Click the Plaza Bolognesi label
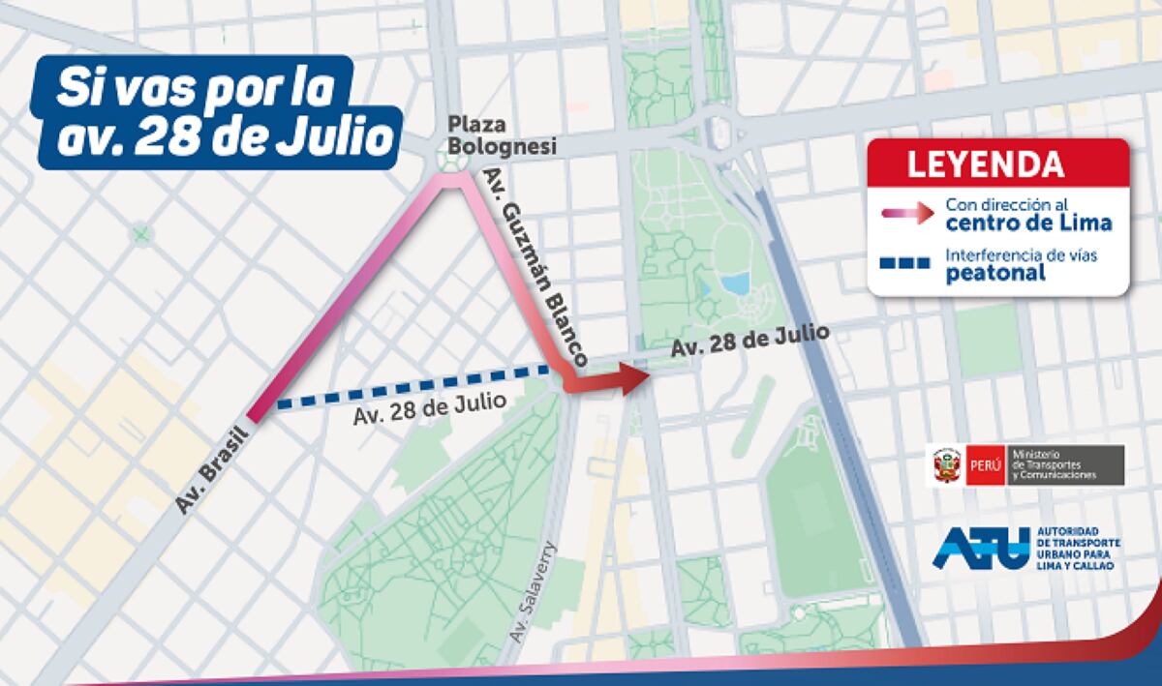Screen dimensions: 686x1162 coord(501,135)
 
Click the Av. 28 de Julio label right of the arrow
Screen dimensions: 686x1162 coord(751,340)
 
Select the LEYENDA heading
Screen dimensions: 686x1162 coord(997,164)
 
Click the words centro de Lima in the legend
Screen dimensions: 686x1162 coord(1028,224)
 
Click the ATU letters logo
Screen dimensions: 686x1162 coord(980,549)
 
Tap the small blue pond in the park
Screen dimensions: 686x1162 coord(735,283)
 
